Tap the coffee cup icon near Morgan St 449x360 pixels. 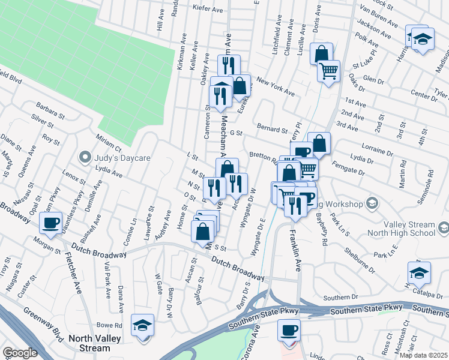[x=50, y=223]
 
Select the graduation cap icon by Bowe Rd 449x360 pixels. [x=142, y=325]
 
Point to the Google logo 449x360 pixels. [x=20, y=353]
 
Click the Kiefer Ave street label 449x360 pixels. [x=208, y=9]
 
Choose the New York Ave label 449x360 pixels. [x=275, y=87]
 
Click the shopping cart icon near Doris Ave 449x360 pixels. [x=328, y=71]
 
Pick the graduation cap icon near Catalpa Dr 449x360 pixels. [x=419, y=273]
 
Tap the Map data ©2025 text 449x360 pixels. [x=423, y=355]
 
